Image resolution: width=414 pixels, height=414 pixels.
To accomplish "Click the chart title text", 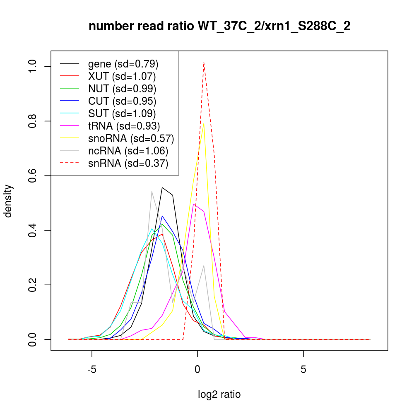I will tap(219, 26).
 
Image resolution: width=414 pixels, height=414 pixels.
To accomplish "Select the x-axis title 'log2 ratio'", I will tap(219, 395).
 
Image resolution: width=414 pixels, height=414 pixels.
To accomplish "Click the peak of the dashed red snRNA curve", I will tap(204, 62).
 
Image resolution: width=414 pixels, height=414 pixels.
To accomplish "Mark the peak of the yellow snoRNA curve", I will tap(204, 123).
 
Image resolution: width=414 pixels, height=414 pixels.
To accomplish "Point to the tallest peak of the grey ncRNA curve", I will tap(152, 191).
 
